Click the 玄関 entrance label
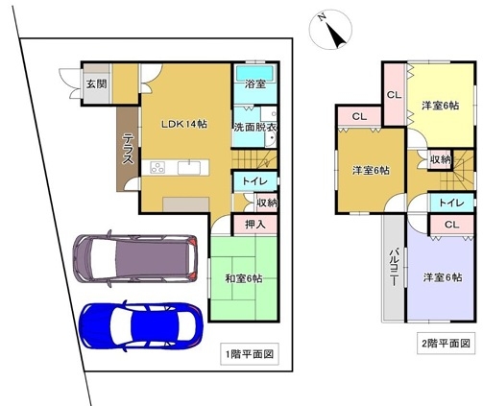click(97, 84)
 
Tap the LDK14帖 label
click(184, 124)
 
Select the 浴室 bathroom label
click(255, 84)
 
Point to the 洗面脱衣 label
click(255, 127)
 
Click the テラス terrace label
click(129, 149)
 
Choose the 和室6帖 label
click(244, 278)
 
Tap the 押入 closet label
click(255, 225)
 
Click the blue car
click(141, 325)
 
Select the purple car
click(135, 258)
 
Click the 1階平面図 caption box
click(250, 354)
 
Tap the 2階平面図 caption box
click(447, 344)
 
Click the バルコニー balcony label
click(394, 266)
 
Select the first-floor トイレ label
click(254, 181)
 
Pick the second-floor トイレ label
click(451, 203)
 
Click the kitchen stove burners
click(157, 167)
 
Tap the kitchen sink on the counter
click(189, 168)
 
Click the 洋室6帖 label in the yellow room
click(440, 106)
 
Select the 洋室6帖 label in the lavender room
click(443, 277)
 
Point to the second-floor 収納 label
click(441, 159)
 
